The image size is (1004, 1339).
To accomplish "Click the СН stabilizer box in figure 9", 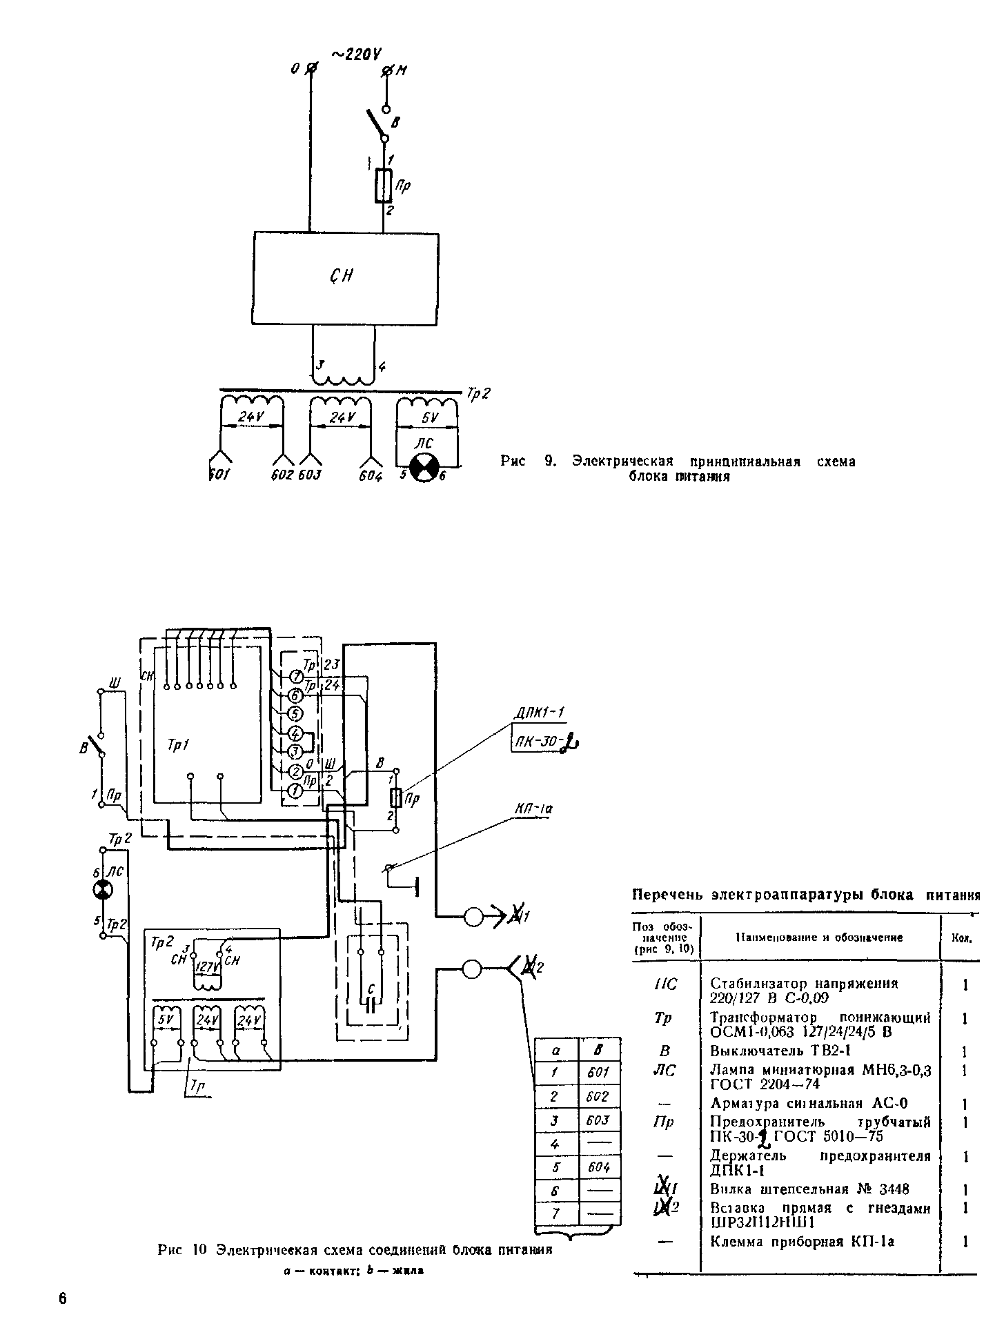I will coord(345,277).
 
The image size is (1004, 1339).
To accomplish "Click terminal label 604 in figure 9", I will coord(371,476).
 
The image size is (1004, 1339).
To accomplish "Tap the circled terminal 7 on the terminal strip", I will coord(295,675).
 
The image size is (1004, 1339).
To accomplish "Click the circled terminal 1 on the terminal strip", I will coord(295,791).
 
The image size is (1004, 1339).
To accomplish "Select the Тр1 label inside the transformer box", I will coord(179,745).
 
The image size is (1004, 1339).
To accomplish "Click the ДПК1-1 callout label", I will coord(540,713).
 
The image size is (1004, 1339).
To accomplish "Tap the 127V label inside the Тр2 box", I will coord(206,968).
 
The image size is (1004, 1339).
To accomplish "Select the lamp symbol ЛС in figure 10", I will coord(102,891).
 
